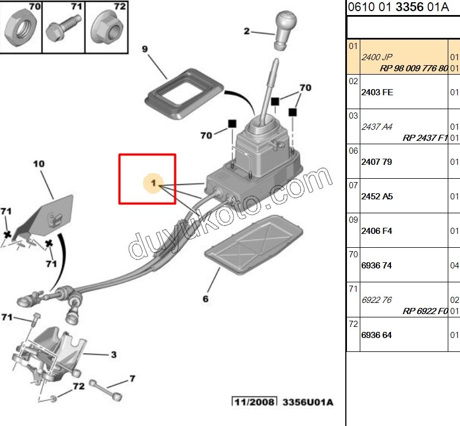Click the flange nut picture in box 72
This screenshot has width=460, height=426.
tap(105, 28)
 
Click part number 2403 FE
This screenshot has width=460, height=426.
tap(377, 92)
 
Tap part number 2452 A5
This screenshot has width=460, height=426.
tap(377, 197)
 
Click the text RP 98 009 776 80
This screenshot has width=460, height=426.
tap(413, 68)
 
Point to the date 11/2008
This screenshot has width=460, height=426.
tap(254, 402)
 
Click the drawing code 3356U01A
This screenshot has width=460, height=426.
tap(307, 402)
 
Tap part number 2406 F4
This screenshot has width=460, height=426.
tap(377, 231)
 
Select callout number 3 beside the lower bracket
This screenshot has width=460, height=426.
tap(113, 354)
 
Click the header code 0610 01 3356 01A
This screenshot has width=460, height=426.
tap(398, 7)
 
